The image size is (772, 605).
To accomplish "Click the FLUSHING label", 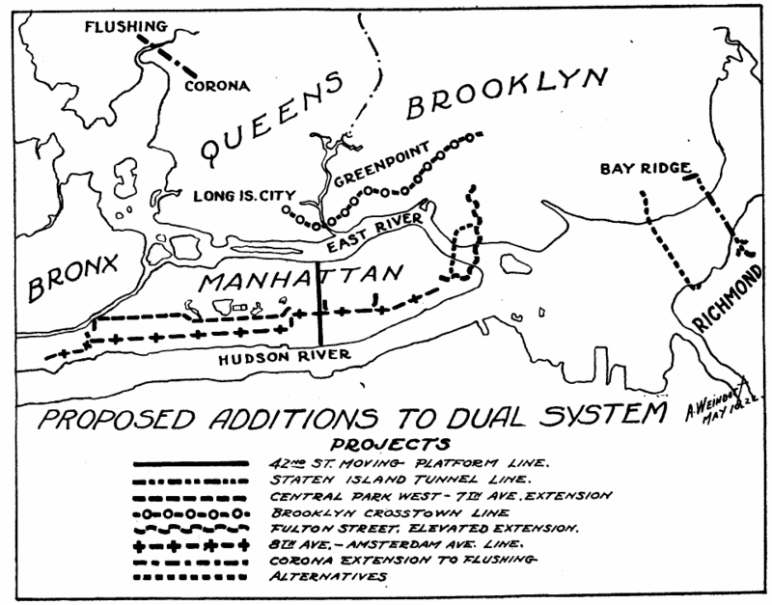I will click(125, 26).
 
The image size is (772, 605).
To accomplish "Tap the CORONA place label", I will click(216, 84).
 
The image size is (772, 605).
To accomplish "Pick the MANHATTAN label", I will click(299, 281).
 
